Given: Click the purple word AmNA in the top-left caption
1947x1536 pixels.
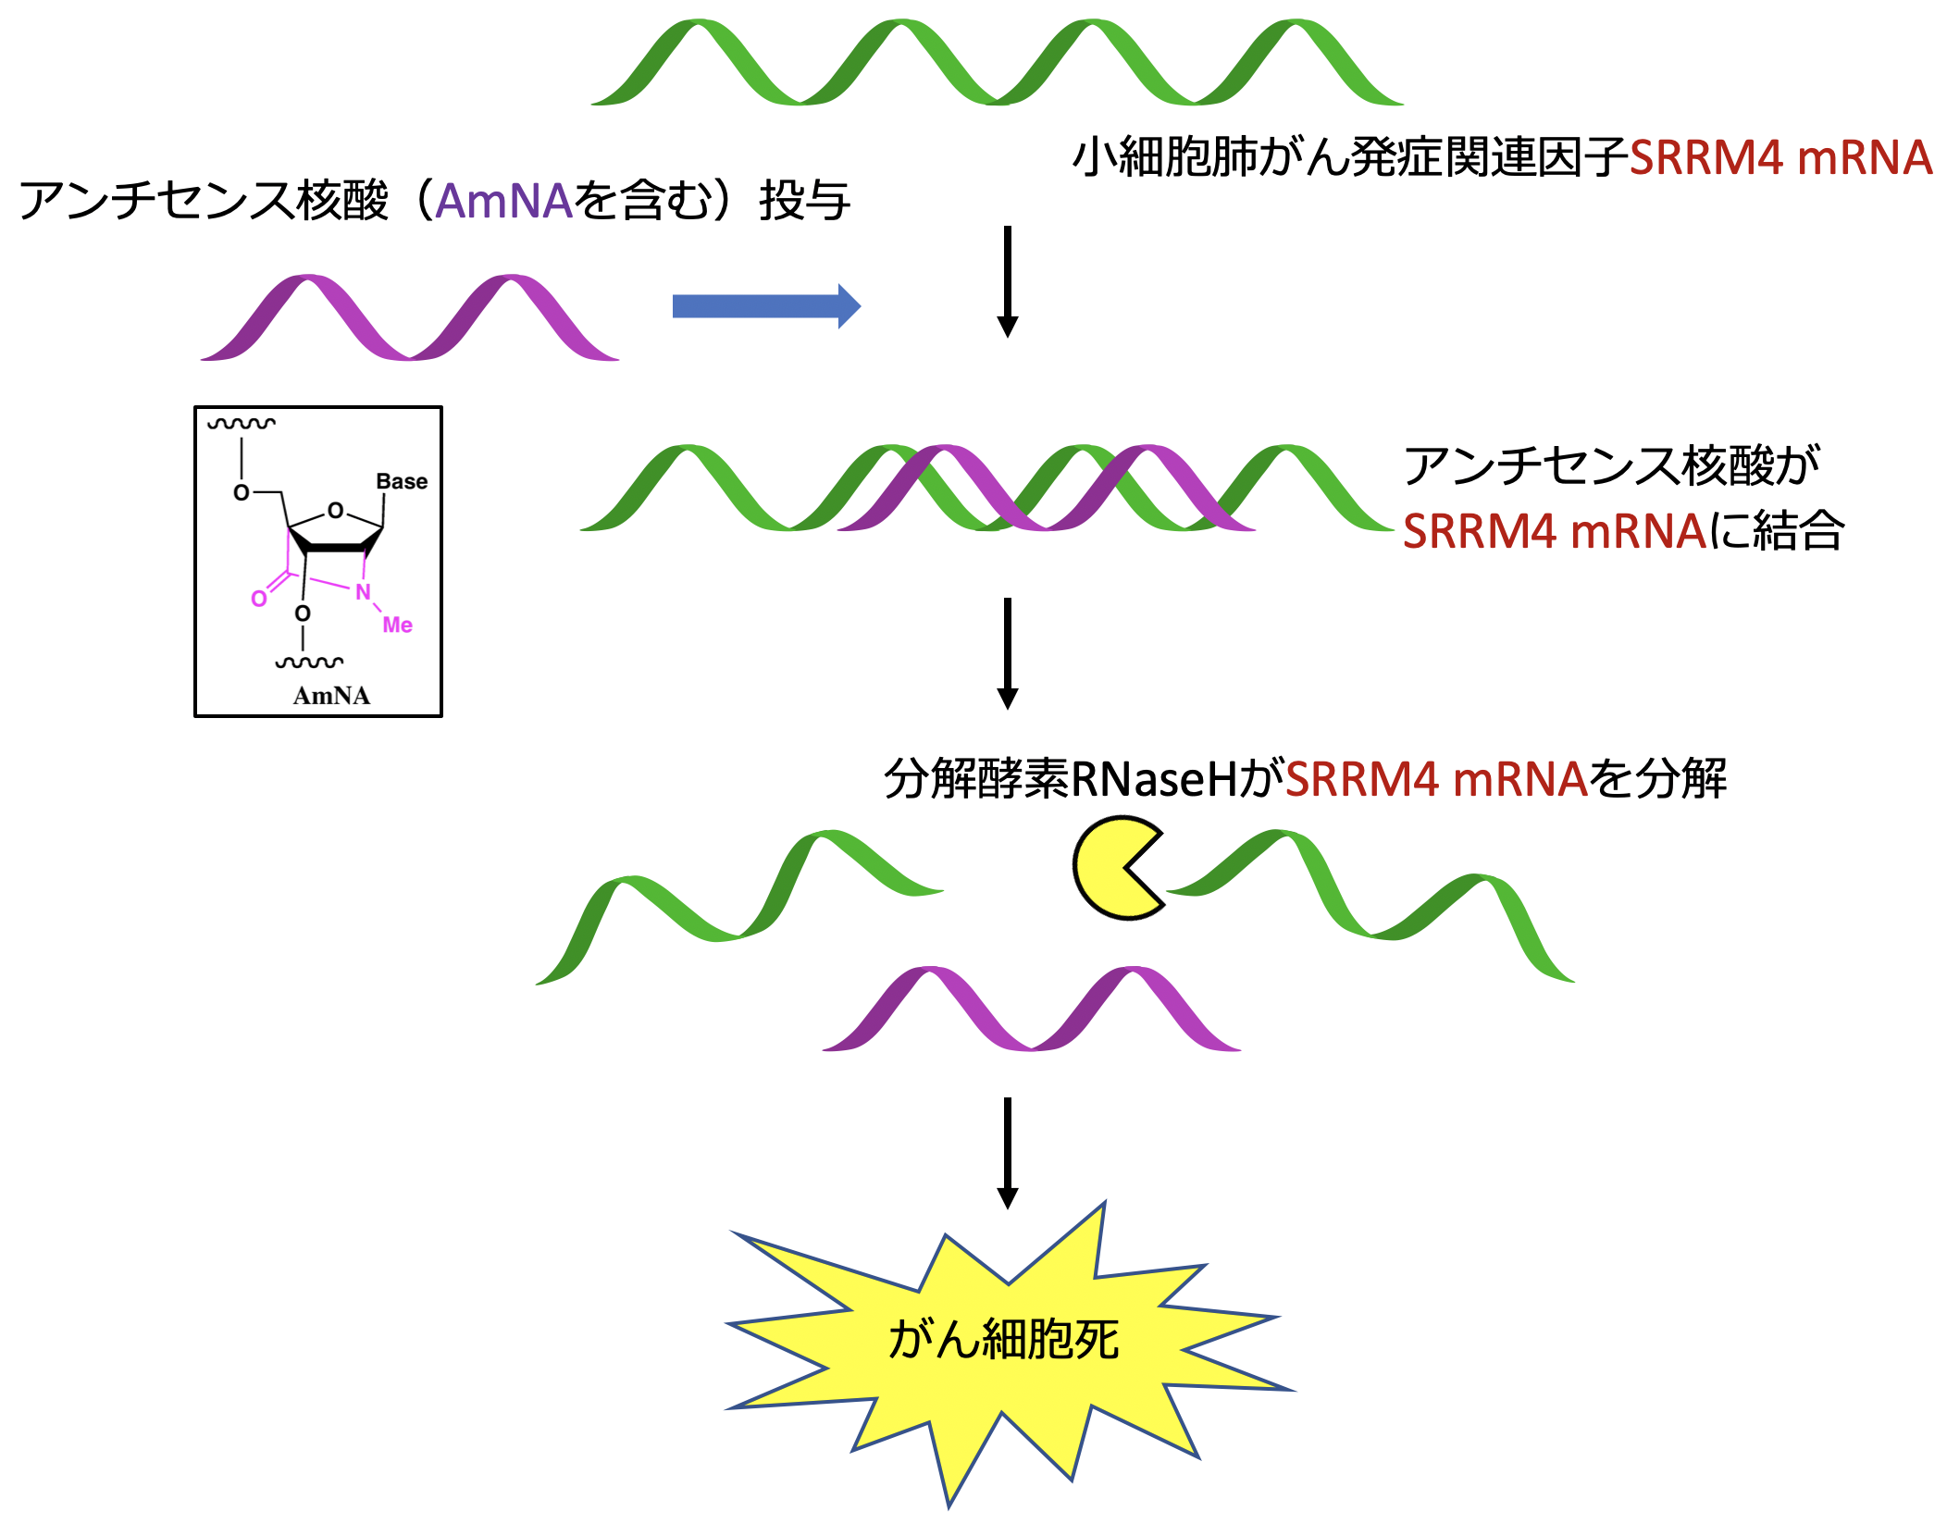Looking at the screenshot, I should click(x=503, y=202).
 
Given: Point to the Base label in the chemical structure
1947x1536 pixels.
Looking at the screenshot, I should click(x=402, y=481).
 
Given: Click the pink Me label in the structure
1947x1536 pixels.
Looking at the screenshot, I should click(x=397, y=626).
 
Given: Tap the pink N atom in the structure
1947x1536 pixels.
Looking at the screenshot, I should click(x=363, y=592).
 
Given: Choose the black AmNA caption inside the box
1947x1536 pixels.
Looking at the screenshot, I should click(x=331, y=696).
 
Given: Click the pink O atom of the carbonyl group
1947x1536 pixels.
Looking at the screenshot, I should click(x=259, y=600).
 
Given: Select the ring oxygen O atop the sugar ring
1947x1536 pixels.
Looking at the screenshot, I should click(x=335, y=511).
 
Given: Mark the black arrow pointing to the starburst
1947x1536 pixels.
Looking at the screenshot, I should click(x=1008, y=1153).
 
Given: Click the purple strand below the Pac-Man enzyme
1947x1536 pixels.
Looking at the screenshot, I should click(x=1031, y=1010).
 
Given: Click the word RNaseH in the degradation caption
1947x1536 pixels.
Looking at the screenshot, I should click(x=1153, y=779).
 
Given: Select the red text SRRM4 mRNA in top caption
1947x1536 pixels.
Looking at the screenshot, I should click(x=1780, y=157).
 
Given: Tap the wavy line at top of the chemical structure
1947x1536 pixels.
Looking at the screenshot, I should click(x=242, y=424).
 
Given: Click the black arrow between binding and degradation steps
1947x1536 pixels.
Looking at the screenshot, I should click(x=1008, y=653).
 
